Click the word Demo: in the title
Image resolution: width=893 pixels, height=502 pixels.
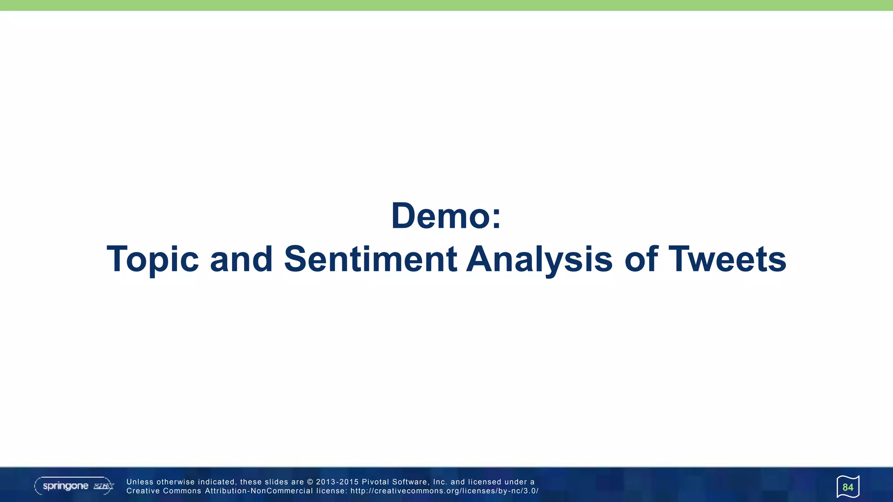[x=446, y=216]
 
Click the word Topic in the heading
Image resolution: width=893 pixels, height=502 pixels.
[x=153, y=260]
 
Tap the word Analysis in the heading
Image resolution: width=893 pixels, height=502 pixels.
[x=539, y=260]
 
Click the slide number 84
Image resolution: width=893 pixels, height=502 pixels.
[x=848, y=487]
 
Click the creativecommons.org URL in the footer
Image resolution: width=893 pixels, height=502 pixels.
[x=444, y=491]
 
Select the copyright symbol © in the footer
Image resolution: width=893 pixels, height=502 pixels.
[x=310, y=482]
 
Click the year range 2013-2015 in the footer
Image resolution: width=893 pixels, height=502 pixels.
[x=337, y=482]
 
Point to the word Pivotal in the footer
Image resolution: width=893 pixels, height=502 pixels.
[x=375, y=482]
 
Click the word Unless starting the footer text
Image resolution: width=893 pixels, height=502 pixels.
[x=140, y=482]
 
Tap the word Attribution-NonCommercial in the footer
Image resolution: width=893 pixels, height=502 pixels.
[x=259, y=491]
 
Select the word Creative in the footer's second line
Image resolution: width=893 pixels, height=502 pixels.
[x=143, y=491]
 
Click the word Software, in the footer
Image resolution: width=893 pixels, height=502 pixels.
[x=411, y=482]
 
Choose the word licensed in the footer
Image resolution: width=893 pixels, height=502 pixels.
[x=484, y=482]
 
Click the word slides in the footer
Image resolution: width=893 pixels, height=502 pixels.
[x=276, y=482]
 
